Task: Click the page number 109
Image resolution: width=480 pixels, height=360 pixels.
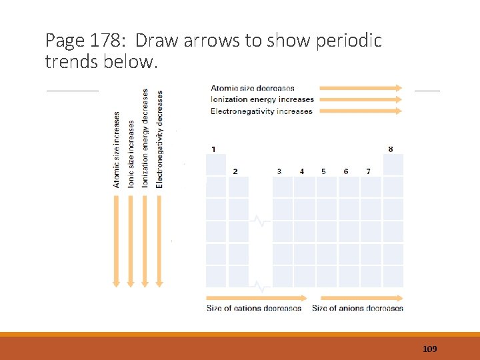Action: (430, 349)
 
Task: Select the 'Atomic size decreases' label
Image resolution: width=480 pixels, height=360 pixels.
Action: (253, 88)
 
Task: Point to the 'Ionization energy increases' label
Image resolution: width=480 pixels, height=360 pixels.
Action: (262, 99)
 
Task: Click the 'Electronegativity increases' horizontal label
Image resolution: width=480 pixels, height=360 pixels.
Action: (261, 111)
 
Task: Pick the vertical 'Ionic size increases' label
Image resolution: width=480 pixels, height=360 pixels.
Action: (131, 153)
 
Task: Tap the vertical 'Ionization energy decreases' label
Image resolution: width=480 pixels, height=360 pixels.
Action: (145, 137)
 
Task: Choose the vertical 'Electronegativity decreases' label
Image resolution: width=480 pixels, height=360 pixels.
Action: (159, 139)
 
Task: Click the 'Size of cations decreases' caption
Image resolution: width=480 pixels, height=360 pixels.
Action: (254, 308)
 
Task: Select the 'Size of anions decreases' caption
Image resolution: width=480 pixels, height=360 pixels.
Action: (357, 308)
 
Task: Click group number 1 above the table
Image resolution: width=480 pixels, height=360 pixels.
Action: (213, 149)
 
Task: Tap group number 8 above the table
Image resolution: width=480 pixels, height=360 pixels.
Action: (390, 149)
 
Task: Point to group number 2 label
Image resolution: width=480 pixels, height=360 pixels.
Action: (235, 171)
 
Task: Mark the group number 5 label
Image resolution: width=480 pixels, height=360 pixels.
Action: (323, 171)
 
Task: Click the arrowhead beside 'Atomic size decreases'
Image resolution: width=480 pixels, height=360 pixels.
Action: (399, 87)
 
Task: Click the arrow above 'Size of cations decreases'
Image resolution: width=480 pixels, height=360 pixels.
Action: (257, 297)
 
